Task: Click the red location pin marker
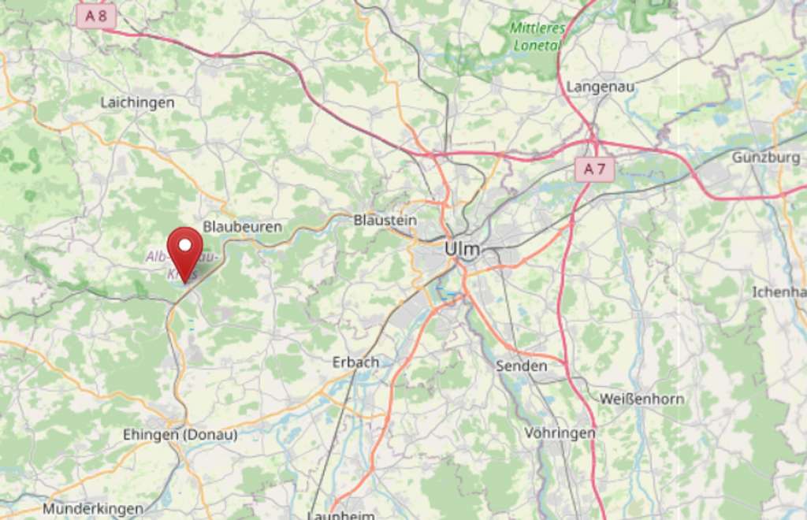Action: coord(185,252)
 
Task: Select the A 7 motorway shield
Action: coord(594,169)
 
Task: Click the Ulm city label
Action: coord(462,249)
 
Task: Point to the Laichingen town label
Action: coord(137,102)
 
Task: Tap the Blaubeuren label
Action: coord(242,227)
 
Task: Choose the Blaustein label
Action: coord(385,220)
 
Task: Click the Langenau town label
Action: coord(601,87)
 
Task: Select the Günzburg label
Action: coord(766,158)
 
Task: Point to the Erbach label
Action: coord(355,362)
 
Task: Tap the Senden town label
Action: coord(521,366)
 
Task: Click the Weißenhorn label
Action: coord(642,399)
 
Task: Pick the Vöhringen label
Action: coord(560,433)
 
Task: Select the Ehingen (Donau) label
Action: coord(180,434)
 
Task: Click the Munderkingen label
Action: coord(93,509)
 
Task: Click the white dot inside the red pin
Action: coord(185,245)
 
